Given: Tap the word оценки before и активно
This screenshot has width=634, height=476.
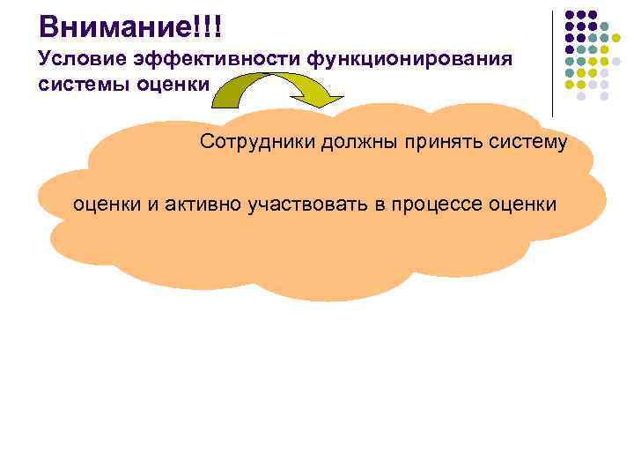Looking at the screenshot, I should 102,205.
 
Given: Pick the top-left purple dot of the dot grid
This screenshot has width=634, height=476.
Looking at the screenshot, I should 570,15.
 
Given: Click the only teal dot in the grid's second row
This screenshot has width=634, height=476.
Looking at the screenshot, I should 604,26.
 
